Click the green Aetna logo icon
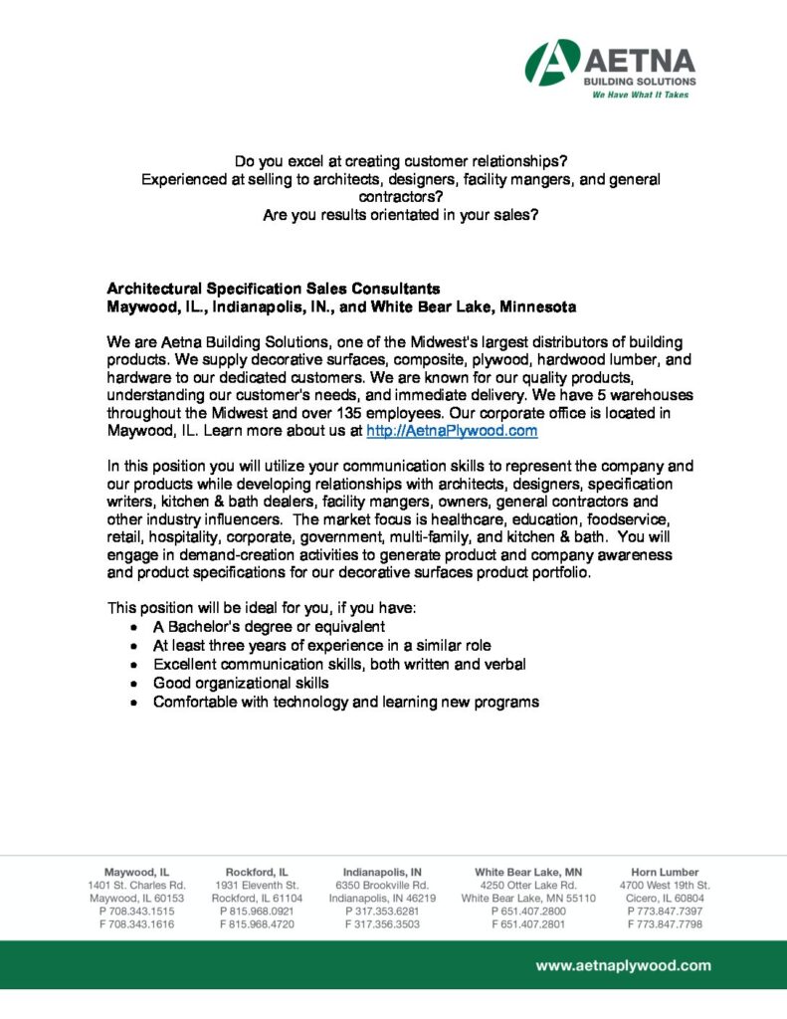tap(553, 62)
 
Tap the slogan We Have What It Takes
tap(640, 95)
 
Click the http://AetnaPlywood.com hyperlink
tap(452, 431)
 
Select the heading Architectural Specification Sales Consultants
tap(274, 289)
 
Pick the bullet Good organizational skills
tap(241, 683)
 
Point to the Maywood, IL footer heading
tap(136, 872)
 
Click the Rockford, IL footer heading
tap(258, 872)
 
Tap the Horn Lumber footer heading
tap(665, 872)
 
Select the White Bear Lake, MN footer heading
tap(527, 872)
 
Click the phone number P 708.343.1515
tap(136, 911)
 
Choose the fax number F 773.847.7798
tap(665, 923)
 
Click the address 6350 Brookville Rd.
tap(382, 885)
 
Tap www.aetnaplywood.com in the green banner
tap(624, 965)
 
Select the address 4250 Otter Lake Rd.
tap(527, 885)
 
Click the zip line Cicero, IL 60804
tap(665, 898)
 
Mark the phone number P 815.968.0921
tap(258, 911)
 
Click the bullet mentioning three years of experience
tap(321, 645)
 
